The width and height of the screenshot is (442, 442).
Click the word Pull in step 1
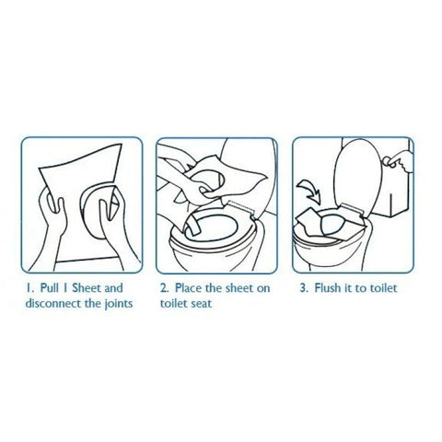[50, 288]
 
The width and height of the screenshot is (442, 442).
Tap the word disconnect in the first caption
[53, 303]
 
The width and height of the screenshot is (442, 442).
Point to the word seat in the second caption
[201, 304]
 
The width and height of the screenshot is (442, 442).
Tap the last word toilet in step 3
[383, 288]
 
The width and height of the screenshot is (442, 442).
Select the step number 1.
[29, 288]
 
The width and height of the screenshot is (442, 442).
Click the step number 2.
[164, 288]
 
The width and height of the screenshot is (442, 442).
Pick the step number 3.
[304, 288]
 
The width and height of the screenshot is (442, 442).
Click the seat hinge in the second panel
[242, 208]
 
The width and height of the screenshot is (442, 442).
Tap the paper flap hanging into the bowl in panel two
[192, 226]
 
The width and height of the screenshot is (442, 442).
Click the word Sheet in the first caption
[87, 288]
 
